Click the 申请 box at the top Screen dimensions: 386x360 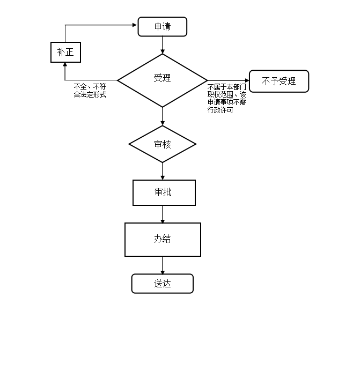coord(162,27)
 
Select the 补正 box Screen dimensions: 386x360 coord(65,52)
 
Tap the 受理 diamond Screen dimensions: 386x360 coord(162,79)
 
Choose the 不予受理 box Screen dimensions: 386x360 coord(279,81)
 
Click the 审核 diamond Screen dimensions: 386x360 coord(162,144)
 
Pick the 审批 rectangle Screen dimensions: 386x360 coord(164,192)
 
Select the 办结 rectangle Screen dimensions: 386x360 coord(163,239)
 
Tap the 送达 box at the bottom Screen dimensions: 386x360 coord(162,284)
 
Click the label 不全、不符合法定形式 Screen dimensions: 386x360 coord(90,91)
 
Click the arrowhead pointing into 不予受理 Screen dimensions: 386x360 coord(247,81)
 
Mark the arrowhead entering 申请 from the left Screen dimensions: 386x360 coord(135,25)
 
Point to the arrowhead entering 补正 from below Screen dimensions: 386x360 coord(65,65)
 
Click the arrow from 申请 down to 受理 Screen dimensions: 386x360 coord(162,45)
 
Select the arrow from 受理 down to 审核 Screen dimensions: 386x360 coord(162,116)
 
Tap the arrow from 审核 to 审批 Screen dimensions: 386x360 coord(162,171)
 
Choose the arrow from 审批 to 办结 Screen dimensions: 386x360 coord(162,214)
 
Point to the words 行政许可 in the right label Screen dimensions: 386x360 coord(220,110)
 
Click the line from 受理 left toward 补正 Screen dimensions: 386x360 coord(91,80)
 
